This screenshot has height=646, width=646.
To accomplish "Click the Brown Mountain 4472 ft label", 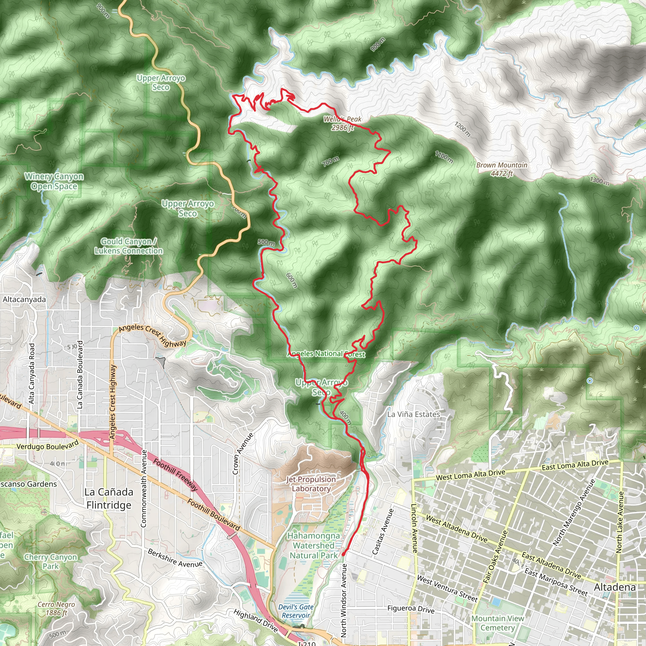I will tap(502, 169).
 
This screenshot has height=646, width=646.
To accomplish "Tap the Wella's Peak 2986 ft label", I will tap(342, 123).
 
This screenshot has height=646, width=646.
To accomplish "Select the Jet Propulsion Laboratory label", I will tap(311, 484).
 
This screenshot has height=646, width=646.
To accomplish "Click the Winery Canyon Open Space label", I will tap(54, 181).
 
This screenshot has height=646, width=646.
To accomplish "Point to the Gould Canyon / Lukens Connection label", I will tap(129, 246).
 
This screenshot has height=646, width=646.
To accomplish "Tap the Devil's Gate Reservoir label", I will tap(296, 611).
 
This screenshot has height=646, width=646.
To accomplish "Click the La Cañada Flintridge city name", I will tap(109, 498).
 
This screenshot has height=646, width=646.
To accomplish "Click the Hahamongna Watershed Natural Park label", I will tap(314, 545).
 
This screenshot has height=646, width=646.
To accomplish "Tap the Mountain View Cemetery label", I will tap(497, 623).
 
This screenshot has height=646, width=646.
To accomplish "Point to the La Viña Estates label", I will tap(414, 414).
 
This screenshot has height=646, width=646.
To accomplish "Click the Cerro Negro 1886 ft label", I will tap(56, 608).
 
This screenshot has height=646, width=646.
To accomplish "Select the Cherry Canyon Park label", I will tap(50, 562).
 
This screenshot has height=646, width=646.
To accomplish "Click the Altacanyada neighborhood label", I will tap(24, 299).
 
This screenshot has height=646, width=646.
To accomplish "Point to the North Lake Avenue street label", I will tap(619, 522).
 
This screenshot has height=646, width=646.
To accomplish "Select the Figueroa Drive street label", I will tap(411, 609).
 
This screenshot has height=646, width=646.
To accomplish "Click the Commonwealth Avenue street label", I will tap(144, 488).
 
